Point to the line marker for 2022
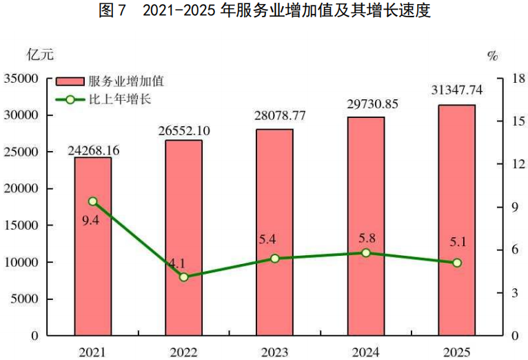point(184,277)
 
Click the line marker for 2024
point(366,253)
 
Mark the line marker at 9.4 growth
point(93,201)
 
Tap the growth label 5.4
point(274,241)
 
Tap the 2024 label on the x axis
point(366,352)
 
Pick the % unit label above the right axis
point(492,56)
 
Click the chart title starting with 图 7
point(265,12)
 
